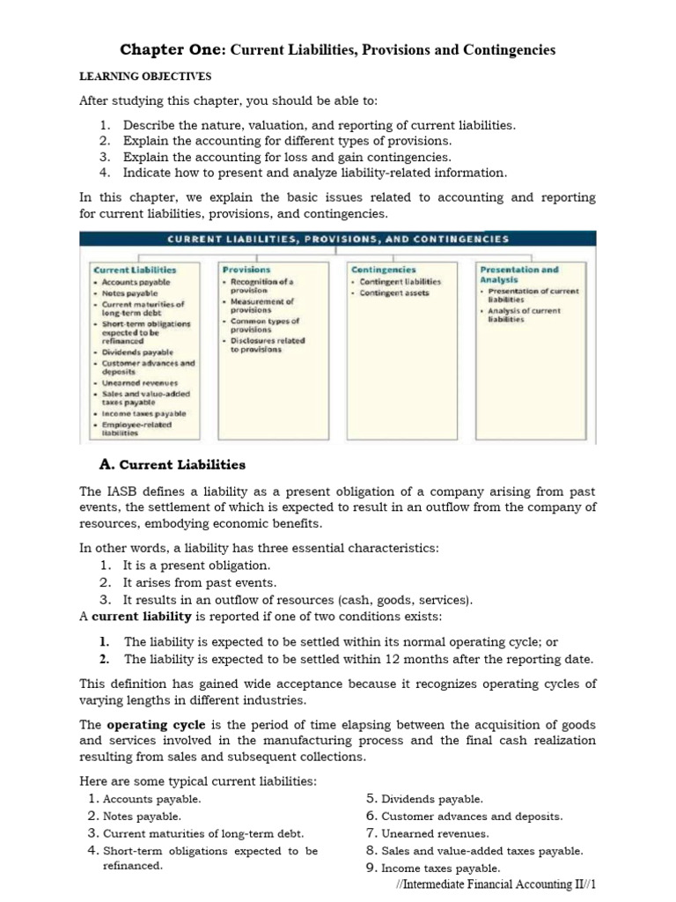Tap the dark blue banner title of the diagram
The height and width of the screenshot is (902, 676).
[338, 239]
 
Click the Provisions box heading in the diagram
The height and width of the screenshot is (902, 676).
[246, 269]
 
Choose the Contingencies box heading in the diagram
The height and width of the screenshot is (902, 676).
[383, 269]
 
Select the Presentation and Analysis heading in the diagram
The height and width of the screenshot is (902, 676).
[518, 274]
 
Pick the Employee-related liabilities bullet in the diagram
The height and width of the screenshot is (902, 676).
[136, 429]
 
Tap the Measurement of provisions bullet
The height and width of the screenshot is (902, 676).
[262, 306]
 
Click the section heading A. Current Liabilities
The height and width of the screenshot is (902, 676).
[173, 464]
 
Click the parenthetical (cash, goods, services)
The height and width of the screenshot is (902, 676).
[410, 600]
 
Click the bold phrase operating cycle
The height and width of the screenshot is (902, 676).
[143, 724]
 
